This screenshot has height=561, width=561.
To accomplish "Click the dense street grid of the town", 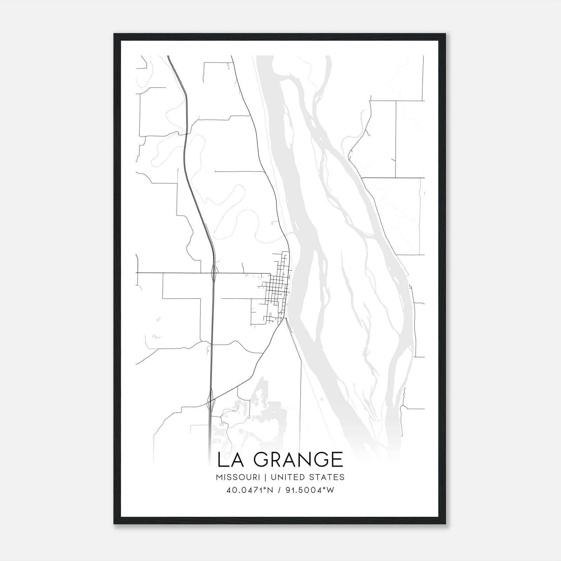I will (x=277, y=291).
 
